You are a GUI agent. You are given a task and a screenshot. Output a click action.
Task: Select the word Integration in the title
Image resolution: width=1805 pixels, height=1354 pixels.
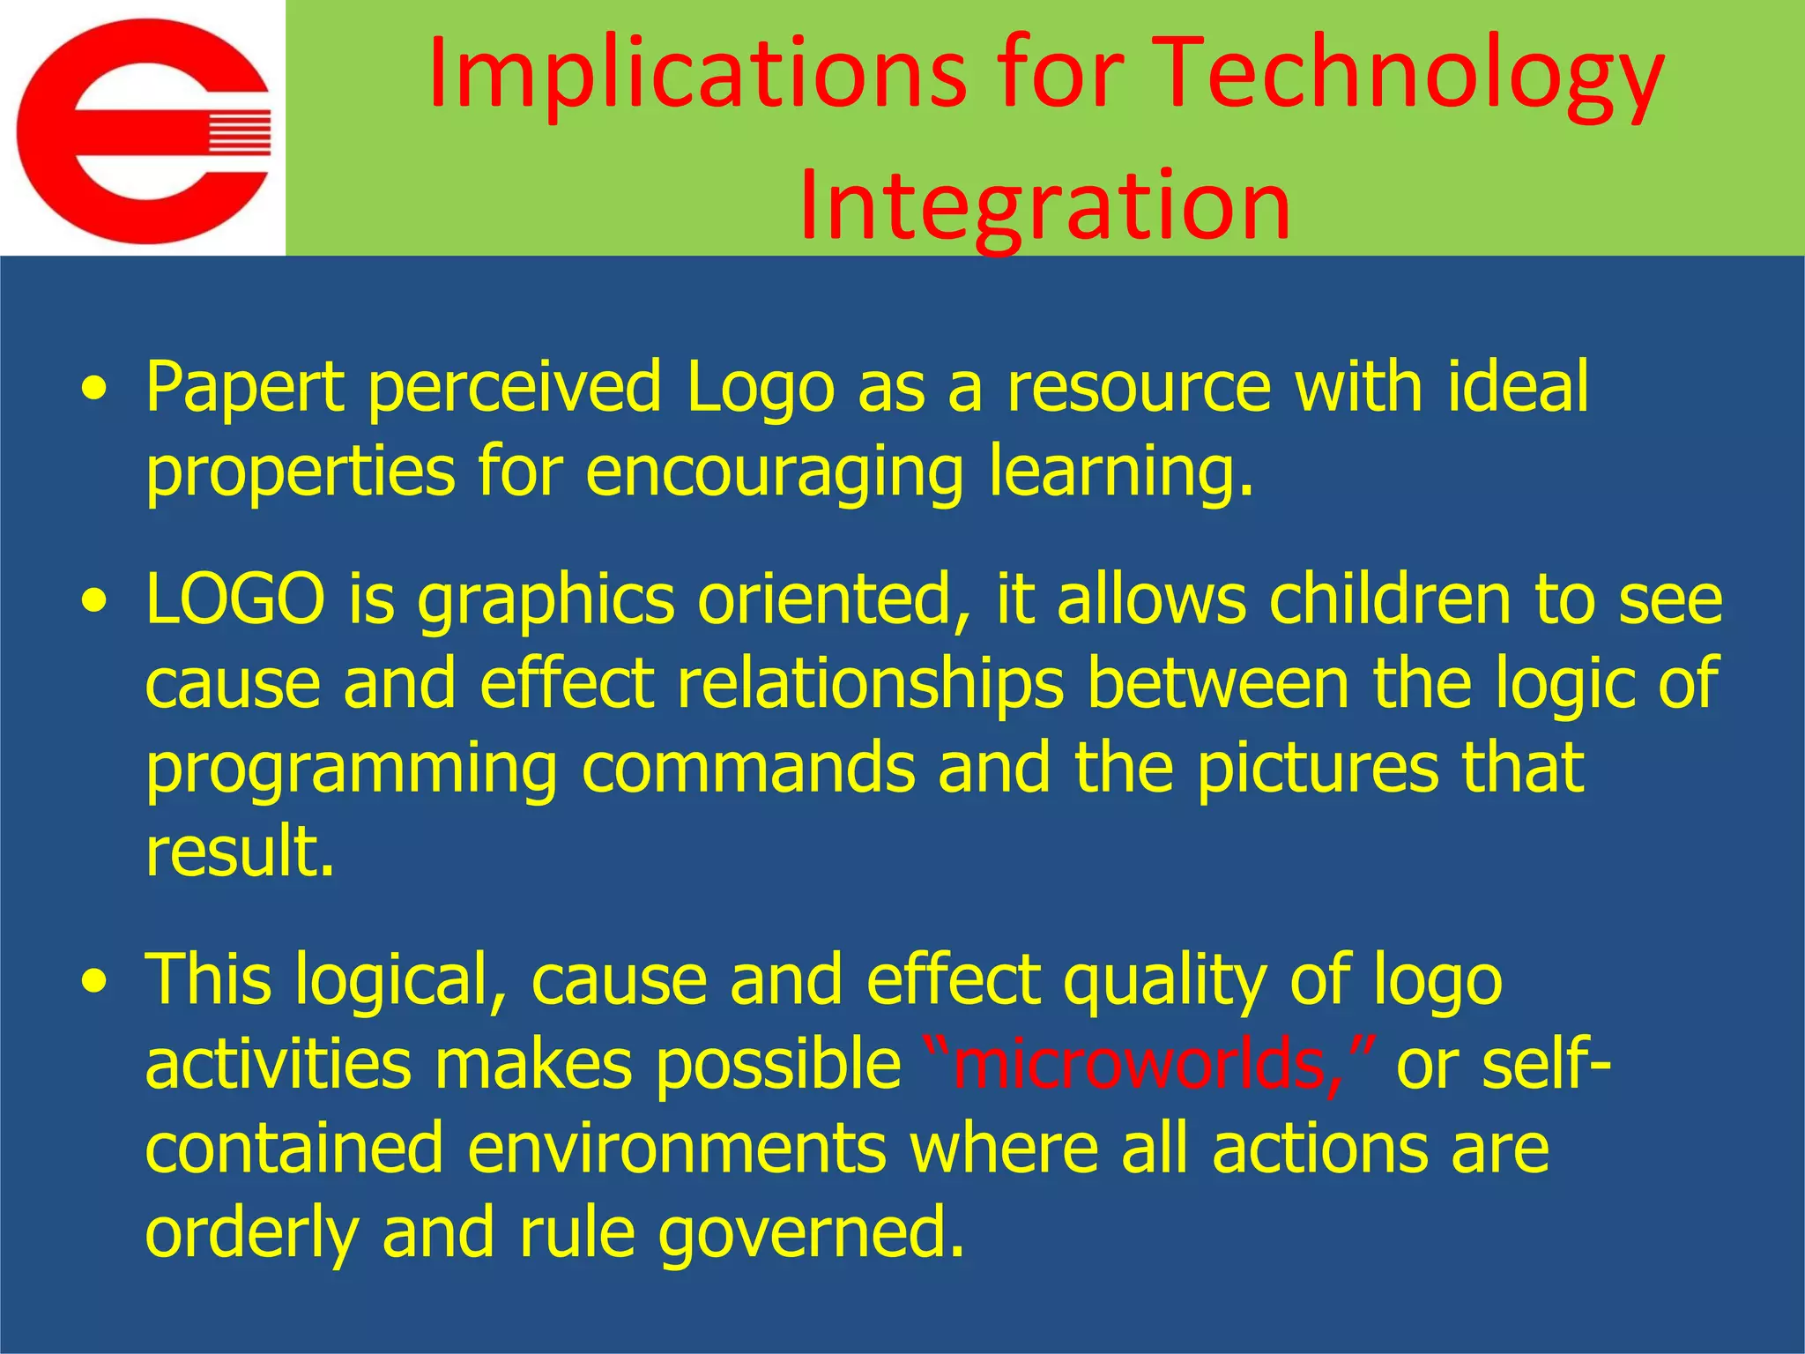point(1044,205)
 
